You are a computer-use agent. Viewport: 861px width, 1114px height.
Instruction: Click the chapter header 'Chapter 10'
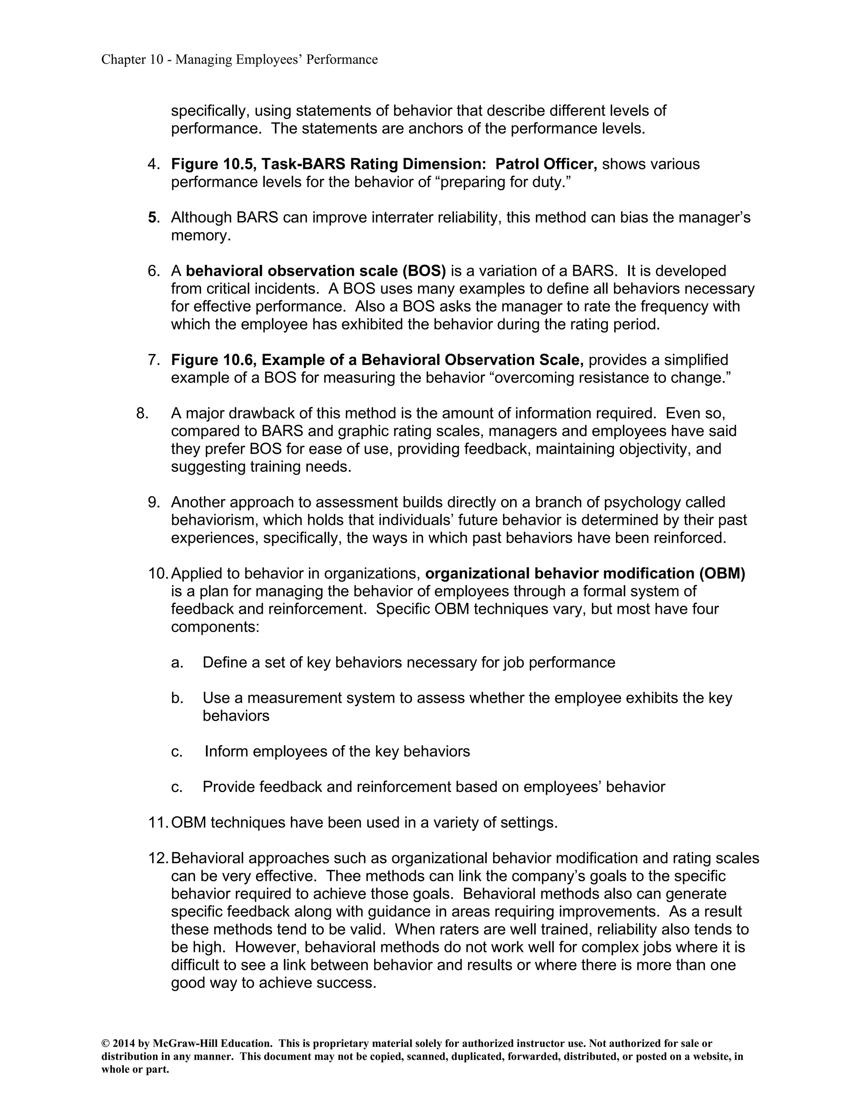[132, 60]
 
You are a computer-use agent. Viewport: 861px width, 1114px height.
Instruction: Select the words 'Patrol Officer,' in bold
[546, 164]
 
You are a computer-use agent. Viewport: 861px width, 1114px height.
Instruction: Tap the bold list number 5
[152, 218]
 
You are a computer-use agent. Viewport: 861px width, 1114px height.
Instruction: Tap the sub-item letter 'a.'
[177, 663]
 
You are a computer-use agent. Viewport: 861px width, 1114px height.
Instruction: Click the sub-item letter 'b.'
[177, 698]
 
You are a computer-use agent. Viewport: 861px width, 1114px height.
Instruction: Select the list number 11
[158, 823]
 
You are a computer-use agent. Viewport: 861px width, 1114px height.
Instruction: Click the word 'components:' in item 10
[215, 627]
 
